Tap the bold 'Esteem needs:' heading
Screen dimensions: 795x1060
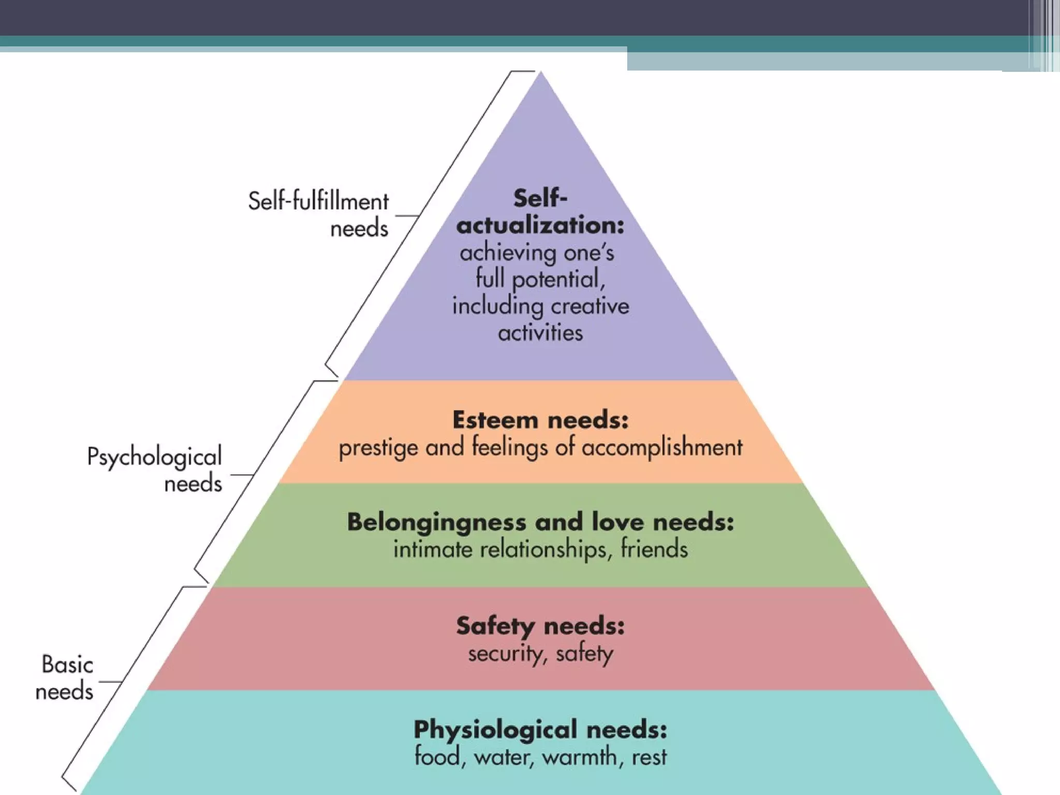click(540, 420)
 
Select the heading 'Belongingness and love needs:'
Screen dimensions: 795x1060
click(540, 522)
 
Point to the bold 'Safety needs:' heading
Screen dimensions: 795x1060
click(540, 626)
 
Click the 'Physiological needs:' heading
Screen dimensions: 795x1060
click(540, 730)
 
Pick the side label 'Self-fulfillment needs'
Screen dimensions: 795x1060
click(318, 214)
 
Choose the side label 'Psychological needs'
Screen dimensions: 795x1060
click(155, 469)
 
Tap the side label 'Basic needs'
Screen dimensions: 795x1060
click(65, 678)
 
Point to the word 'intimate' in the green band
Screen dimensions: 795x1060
click(433, 549)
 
